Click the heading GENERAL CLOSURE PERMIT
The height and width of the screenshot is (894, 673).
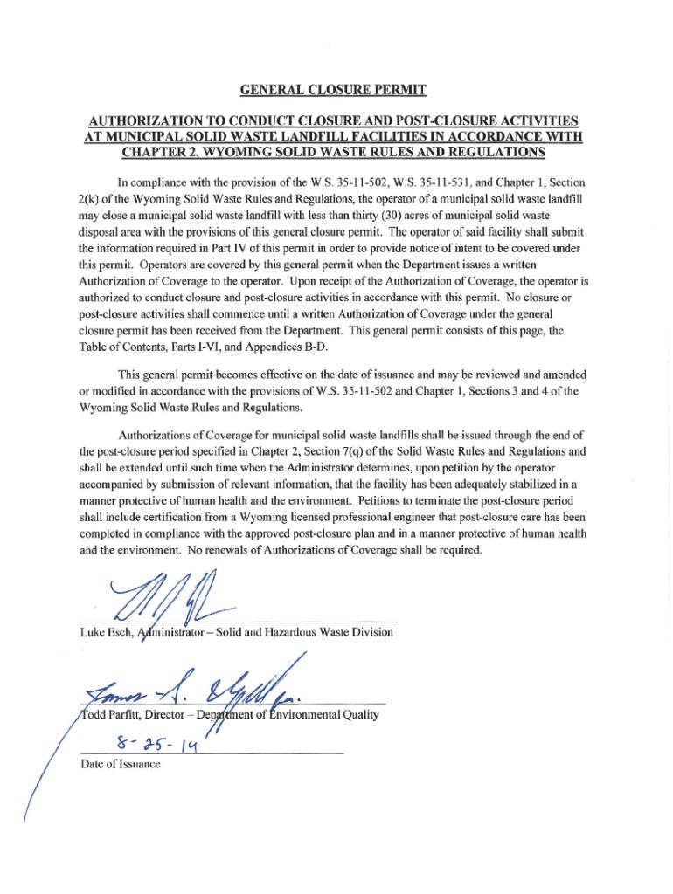(336, 90)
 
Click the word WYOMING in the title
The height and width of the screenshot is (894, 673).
(220, 153)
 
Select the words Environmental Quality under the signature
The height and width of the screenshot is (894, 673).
(330, 715)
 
